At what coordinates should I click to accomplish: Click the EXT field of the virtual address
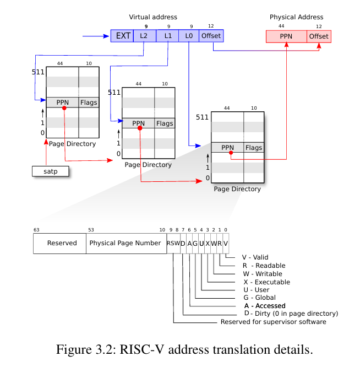122,36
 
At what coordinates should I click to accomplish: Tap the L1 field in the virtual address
167,36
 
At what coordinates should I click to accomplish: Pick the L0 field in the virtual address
189,36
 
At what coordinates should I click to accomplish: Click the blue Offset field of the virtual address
211,36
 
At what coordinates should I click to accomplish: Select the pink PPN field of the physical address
286,36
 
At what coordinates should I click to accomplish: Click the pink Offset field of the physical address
319,36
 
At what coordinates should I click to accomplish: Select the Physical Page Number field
125,243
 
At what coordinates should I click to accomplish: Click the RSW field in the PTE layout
172,243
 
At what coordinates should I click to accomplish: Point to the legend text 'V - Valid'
254,257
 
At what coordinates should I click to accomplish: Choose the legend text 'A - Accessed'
264,306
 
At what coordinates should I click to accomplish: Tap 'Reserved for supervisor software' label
273,322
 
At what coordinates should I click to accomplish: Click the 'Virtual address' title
153,18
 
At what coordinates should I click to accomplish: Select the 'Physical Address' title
296,18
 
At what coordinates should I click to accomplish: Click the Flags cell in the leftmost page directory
89,102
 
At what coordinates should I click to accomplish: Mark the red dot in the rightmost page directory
231,154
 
